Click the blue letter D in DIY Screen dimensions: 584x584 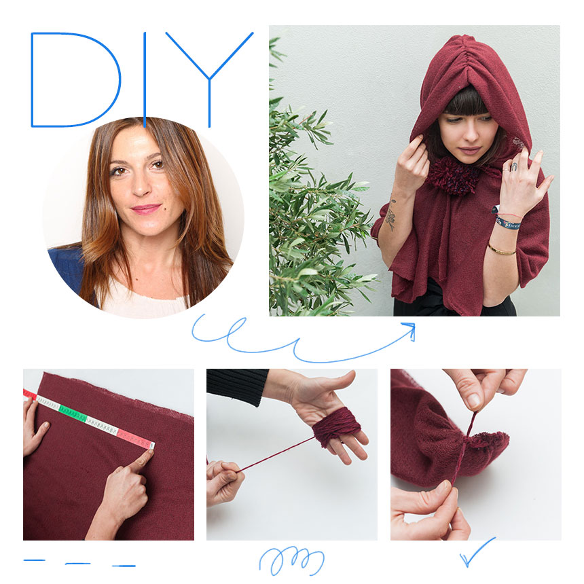pyautogui.click(x=33, y=80)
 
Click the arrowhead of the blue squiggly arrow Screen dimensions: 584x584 pyautogui.click(x=410, y=329)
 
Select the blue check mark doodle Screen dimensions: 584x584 pyautogui.click(x=477, y=551)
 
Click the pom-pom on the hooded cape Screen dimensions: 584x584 pyautogui.click(x=453, y=176)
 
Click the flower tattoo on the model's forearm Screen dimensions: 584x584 pyautogui.click(x=390, y=217)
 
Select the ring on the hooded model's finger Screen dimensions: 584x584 pyautogui.click(x=513, y=166)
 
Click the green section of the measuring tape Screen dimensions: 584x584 pyautogui.click(x=73, y=413)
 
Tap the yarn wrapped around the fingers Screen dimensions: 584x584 pyautogui.click(x=336, y=426)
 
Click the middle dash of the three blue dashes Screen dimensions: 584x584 pyautogui.click(x=78, y=564)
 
